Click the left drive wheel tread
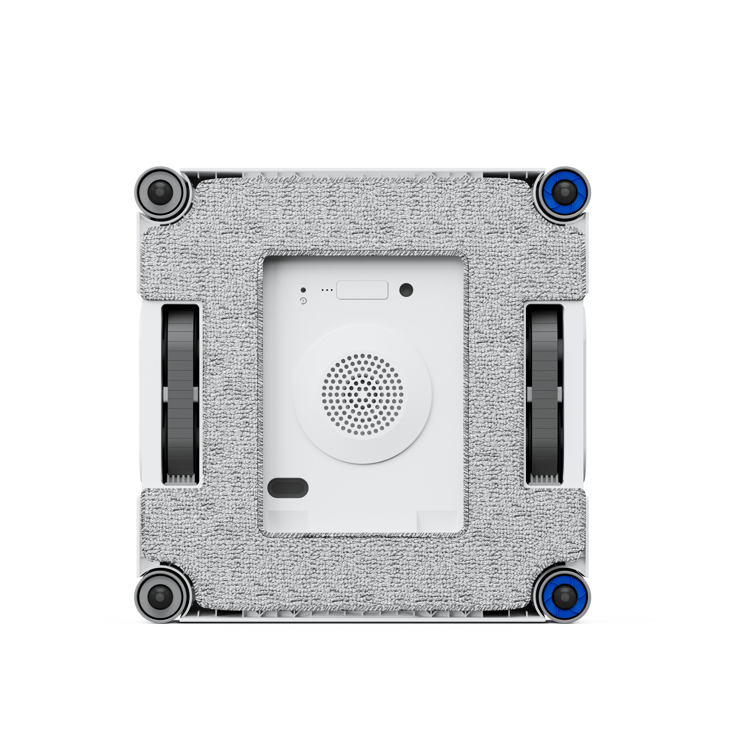[x=180, y=352]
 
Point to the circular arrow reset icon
[x=303, y=302]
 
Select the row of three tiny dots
[x=327, y=290]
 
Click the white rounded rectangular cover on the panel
[x=362, y=290]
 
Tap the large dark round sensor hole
[x=406, y=290]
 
